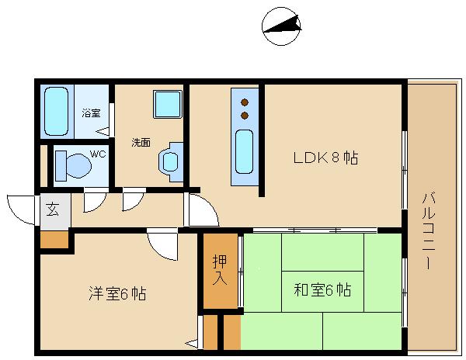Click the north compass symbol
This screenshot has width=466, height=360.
(x=281, y=26)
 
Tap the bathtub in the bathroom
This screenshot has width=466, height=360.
(x=56, y=111)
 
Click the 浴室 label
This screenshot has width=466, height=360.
(x=91, y=113)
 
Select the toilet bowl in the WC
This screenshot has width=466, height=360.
(x=78, y=165)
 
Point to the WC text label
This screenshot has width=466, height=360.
(x=98, y=154)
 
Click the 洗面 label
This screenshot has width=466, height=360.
(x=141, y=143)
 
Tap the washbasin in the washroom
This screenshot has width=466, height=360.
(x=170, y=161)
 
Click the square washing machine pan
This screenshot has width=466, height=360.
(x=168, y=104)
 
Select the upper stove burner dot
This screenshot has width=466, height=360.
(x=245, y=102)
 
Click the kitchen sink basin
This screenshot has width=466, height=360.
(x=245, y=151)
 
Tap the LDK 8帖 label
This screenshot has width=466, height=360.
(x=325, y=157)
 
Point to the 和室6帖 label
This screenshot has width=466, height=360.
(x=323, y=289)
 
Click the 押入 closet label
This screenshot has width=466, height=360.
(x=220, y=270)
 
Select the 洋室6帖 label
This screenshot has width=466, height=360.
(x=118, y=293)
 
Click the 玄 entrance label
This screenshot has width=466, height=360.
(x=53, y=209)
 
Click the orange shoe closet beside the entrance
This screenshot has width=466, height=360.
(x=54, y=240)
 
